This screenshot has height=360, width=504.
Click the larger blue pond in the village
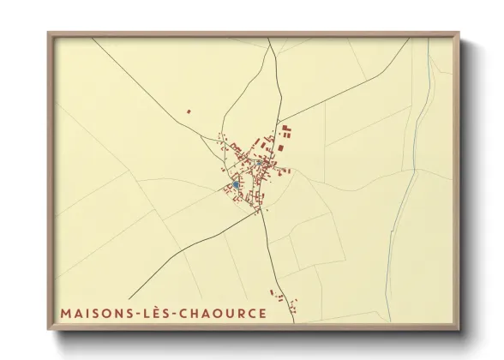(x=235, y=184)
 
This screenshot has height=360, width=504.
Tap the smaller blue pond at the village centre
(x=259, y=161)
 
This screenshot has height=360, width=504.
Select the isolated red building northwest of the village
(x=189, y=110)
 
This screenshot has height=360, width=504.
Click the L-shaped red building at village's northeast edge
(x=286, y=130)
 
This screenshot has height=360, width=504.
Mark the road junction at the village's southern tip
(x=261, y=213)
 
